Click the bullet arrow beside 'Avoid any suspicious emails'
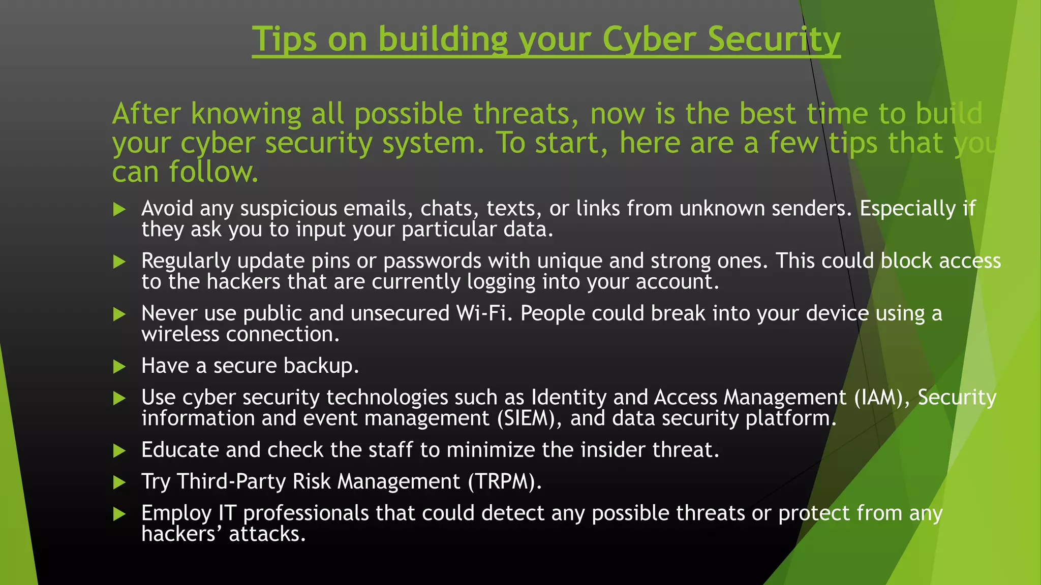coord(119,209)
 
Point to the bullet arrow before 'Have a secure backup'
coord(119,367)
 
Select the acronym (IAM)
coord(882,398)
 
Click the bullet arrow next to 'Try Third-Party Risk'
coord(119,482)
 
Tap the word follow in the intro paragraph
coord(213,172)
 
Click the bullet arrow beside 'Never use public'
coord(119,314)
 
